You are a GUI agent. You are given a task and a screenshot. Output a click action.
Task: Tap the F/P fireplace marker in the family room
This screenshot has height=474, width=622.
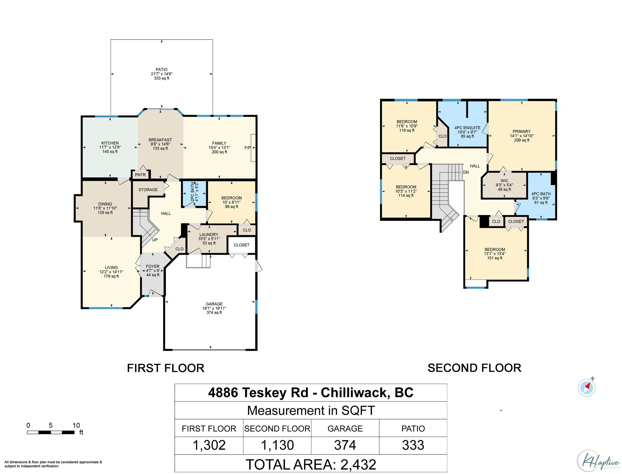247,148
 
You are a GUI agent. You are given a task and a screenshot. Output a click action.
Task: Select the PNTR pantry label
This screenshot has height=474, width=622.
140,175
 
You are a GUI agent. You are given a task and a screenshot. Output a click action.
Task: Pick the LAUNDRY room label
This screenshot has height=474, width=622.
209,235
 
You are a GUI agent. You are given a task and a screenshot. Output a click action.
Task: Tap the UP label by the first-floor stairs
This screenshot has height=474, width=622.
155,240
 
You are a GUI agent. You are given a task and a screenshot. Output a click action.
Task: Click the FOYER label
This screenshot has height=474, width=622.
153,266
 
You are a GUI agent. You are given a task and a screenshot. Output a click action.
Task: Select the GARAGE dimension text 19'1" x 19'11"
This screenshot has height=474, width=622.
214,308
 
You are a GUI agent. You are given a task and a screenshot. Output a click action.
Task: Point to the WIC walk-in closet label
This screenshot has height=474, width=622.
504,181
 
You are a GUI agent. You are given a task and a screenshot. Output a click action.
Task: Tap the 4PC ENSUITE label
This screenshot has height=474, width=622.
467,128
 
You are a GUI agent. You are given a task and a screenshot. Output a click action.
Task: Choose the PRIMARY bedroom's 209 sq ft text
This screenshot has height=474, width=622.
522,140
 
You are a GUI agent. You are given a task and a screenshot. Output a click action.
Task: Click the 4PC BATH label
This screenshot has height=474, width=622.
541,194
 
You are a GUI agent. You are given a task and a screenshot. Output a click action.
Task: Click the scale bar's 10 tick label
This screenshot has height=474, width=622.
76,425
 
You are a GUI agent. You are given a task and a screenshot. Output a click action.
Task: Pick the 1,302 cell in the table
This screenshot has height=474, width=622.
209,445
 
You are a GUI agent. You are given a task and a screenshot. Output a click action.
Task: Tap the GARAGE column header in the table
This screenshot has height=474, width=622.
345,429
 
